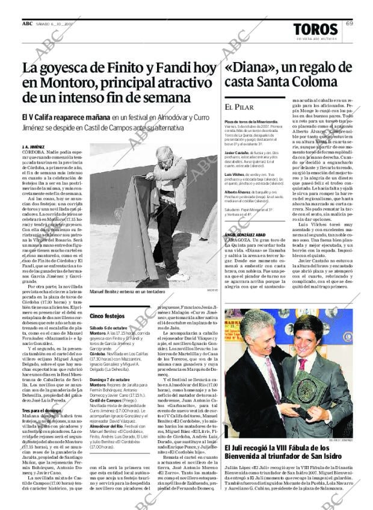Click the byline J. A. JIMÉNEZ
[33, 146]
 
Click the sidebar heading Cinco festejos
[107, 316]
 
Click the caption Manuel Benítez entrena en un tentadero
[128, 291]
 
